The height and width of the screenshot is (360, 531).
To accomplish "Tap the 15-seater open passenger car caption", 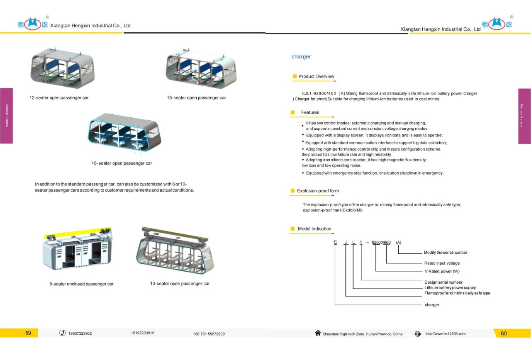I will click(196, 98).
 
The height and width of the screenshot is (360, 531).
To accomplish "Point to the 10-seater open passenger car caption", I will click(180, 284).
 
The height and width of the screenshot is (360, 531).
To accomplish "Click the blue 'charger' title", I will click(301, 57).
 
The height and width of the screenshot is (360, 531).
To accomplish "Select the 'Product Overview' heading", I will click(316, 76).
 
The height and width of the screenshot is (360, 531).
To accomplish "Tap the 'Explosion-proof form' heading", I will click(318, 191).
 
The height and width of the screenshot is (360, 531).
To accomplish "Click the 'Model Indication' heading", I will click(314, 229).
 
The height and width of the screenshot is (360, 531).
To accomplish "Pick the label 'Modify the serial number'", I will click(445, 253).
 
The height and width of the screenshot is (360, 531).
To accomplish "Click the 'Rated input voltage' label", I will click(442, 263).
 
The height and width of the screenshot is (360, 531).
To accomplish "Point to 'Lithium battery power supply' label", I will click(450, 287).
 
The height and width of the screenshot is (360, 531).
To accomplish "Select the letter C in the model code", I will click(335, 242).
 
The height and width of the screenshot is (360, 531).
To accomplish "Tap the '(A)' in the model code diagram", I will click(398, 242).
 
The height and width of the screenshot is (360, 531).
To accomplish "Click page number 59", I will click(28, 333).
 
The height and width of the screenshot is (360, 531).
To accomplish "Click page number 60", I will click(504, 333).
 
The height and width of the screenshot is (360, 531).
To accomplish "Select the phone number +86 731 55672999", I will click(209, 334).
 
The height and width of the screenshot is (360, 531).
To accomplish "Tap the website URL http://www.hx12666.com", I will click(445, 334).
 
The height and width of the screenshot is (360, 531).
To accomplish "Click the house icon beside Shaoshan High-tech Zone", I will click(318, 333).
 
